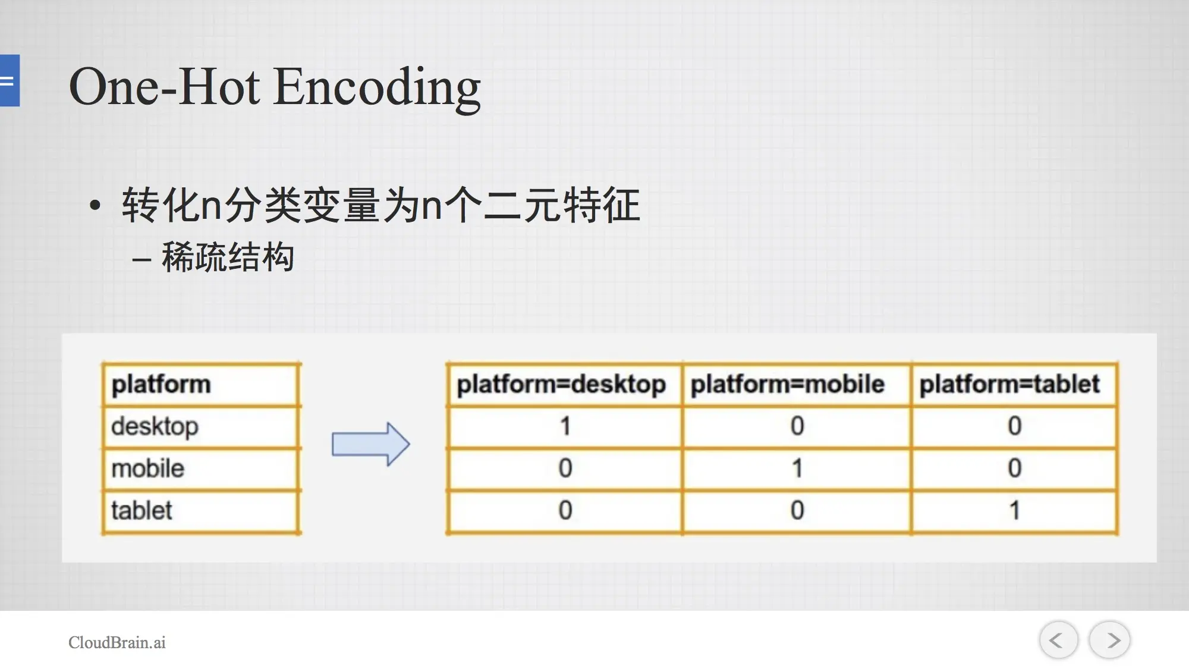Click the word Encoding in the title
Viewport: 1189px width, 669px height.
(378, 87)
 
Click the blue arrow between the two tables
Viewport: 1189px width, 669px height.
(370, 444)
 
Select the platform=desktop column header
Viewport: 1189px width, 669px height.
(561, 384)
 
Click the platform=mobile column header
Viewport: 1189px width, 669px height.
(788, 384)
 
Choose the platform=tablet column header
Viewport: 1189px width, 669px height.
(1010, 384)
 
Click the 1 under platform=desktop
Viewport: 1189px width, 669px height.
(565, 426)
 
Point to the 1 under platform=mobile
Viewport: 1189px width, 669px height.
(797, 468)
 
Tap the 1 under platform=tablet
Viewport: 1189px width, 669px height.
(1015, 510)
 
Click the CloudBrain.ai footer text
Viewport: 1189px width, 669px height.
(117, 642)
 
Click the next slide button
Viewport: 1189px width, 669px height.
(1109, 640)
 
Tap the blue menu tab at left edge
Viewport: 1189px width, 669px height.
(10, 80)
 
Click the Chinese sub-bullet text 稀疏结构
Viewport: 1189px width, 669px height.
(228, 257)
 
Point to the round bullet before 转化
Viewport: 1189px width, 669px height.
(95, 206)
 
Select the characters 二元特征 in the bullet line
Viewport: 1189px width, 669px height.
(562, 205)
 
